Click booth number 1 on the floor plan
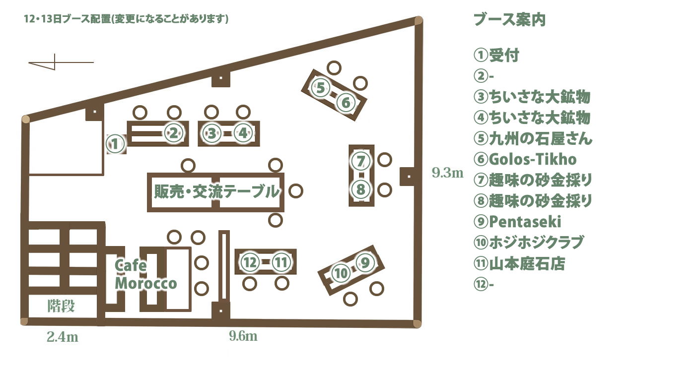click(115, 144)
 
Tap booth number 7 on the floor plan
click(360, 161)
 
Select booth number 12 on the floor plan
click(250, 262)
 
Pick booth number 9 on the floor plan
click(365, 263)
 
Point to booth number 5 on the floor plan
click(321, 88)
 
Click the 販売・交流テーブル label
click(216, 191)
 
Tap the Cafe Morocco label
click(145, 274)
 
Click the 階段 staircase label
click(61, 306)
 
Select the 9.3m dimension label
click(447, 173)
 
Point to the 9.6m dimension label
click(243, 336)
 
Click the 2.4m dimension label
click(63, 337)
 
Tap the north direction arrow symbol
click(61, 62)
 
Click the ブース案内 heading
click(509, 19)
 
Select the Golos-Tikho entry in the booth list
click(525, 159)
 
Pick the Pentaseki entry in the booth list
click(517, 222)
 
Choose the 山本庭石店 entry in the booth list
click(519, 263)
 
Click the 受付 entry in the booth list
click(496, 55)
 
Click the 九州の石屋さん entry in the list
click(533, 138)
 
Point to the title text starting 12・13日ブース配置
click(126, 19)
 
